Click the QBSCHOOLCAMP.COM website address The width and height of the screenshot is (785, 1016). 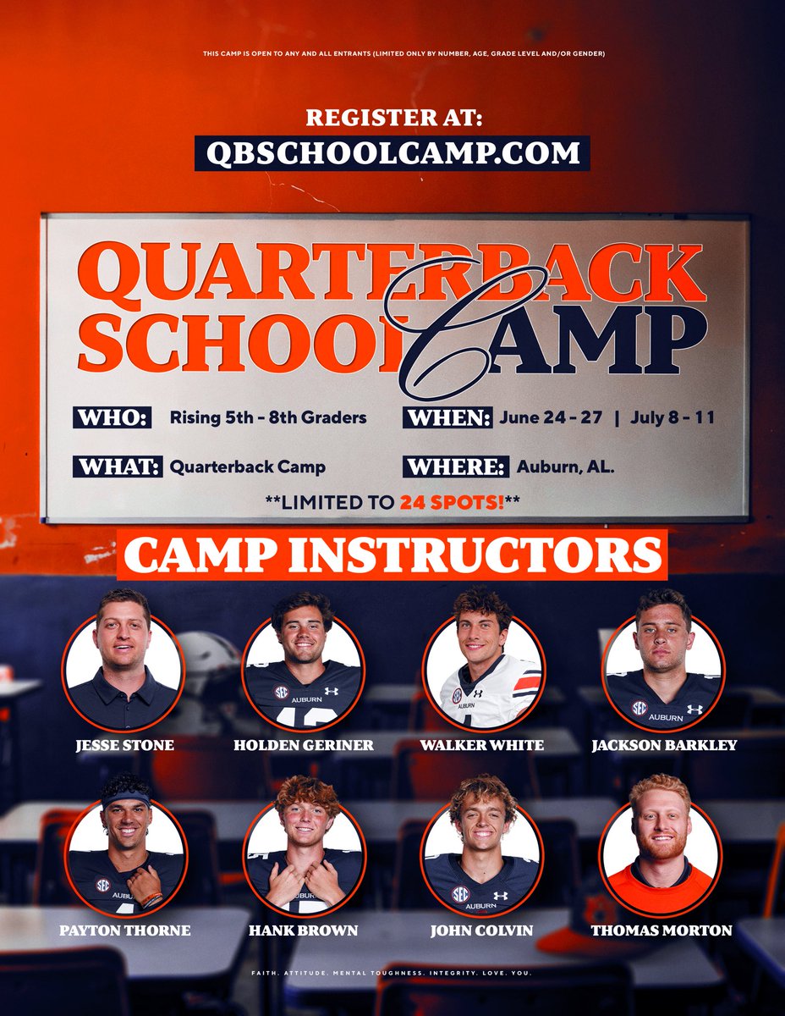coord(392,152)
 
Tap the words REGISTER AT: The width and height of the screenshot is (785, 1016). coord(392,117)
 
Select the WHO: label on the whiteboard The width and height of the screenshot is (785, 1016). coord(113,417)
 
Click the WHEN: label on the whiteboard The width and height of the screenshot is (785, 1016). coord(449,417)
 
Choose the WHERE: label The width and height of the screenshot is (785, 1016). coord(457,467)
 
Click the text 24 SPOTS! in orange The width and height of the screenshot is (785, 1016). coord(453,502)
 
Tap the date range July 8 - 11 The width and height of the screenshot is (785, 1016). coord(672,417)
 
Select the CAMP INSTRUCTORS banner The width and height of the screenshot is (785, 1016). coord(392,555)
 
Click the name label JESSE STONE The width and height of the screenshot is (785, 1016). coord(124,745)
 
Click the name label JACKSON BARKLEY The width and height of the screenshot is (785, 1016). coord(665,745)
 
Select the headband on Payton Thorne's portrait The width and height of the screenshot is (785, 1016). coord(126,799)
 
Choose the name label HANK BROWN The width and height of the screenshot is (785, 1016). coord(304,930)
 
